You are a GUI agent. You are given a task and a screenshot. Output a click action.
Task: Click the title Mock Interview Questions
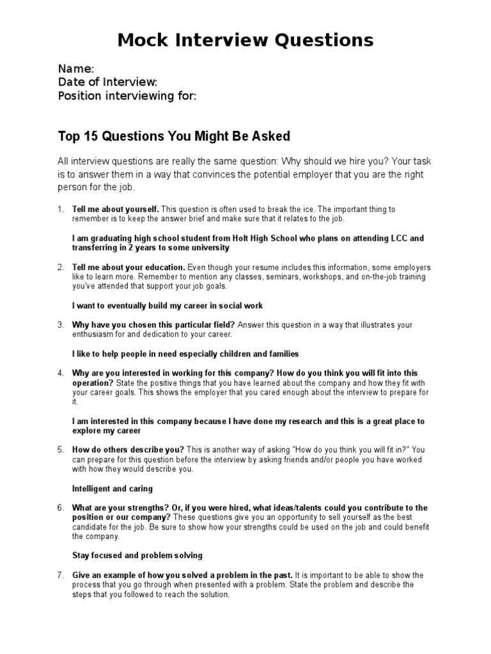point(245,40)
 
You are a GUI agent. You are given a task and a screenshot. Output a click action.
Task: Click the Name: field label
point(76,68)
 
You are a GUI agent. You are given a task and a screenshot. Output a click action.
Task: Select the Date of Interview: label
point(107,82)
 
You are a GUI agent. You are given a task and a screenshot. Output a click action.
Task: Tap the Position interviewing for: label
point(127,96)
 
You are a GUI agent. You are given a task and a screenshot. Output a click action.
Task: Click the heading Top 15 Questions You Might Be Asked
point(174,135)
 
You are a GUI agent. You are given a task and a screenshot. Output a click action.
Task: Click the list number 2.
point(61,267)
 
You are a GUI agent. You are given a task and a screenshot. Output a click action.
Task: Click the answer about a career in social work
point(168,306)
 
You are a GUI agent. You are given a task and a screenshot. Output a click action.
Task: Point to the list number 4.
point(61,373)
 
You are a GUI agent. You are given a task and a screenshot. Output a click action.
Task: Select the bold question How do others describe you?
point(128,450)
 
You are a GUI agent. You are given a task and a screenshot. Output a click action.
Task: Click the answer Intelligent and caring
point(113,489)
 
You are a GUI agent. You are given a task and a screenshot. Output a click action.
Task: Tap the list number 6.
point(61,508)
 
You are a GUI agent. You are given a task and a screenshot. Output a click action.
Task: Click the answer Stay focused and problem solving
point(137,556)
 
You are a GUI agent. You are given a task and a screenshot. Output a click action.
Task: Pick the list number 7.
point(61,575)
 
